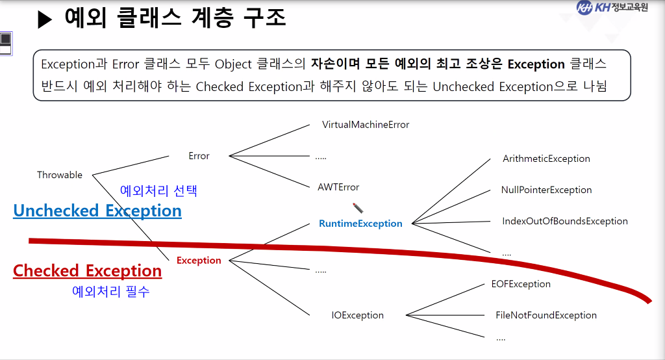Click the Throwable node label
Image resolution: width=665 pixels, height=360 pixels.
coord(60,175)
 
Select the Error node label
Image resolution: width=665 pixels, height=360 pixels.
coord(199,156)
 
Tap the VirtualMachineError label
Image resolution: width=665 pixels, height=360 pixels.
coord(366,124)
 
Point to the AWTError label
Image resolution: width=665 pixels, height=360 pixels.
coord(338,187)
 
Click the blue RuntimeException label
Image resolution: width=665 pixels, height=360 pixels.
coord(360,224)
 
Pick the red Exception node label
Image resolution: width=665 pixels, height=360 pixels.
coord(199,261)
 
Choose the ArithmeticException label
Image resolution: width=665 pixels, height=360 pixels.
coord(546,159)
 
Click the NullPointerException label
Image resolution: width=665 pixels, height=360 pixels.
coord(546,190)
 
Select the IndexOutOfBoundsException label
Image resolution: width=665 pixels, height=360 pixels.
coord(565,221)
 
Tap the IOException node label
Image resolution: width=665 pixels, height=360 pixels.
coord(357,315)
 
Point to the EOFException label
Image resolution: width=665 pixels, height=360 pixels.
coord(521,284)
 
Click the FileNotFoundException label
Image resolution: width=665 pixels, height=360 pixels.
coord(546,315)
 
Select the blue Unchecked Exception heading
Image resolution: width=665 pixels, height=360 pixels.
coord(97,211)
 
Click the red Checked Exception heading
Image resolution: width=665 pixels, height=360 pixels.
coord(88,271)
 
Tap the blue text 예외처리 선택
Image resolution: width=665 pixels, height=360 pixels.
coord(158,191)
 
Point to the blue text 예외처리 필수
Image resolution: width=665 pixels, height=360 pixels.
coord(110,292)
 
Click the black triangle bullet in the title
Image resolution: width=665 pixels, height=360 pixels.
coord(44,20)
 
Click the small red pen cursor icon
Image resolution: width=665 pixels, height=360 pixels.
coord(358,208)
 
